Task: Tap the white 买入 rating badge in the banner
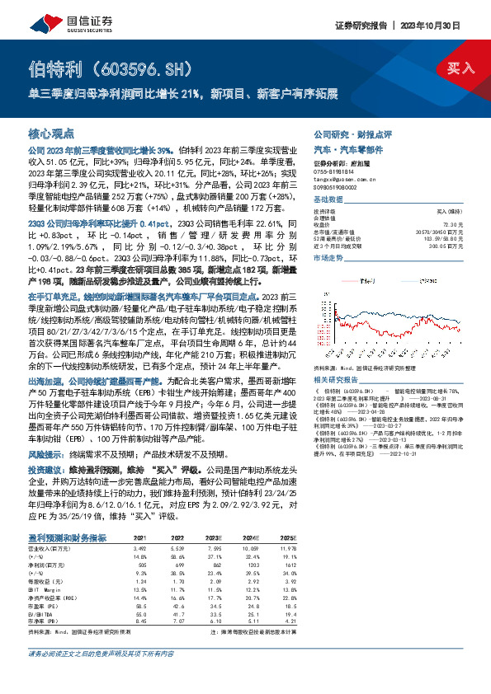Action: [458, 68]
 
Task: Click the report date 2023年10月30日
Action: [451, 26]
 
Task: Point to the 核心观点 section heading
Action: [52, 132]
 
